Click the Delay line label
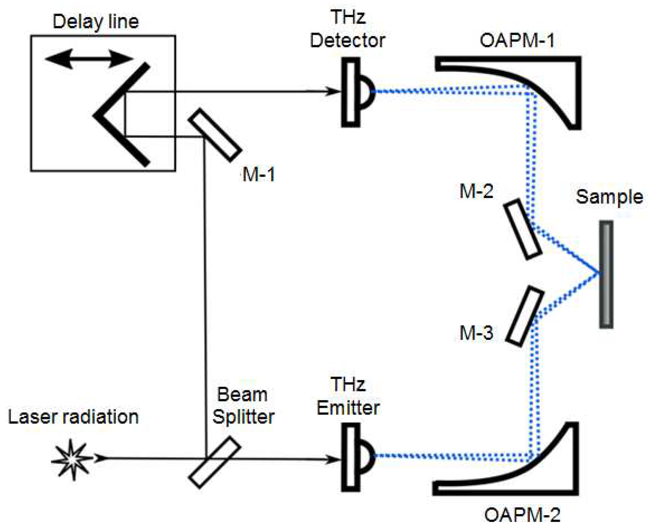[95, 22]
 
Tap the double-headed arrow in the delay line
[89, 58]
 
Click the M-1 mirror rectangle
[215, 135]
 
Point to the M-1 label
[259, 175]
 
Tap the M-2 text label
[476, 191]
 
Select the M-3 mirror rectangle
[525, 316]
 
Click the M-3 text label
[476, 333]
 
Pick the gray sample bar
[606, 274]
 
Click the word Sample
[609, 197]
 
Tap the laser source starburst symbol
[72, 459]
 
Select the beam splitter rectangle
[215, 462]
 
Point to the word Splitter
[243, 417]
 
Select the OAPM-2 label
[522, 515]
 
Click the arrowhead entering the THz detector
[333, 91]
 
